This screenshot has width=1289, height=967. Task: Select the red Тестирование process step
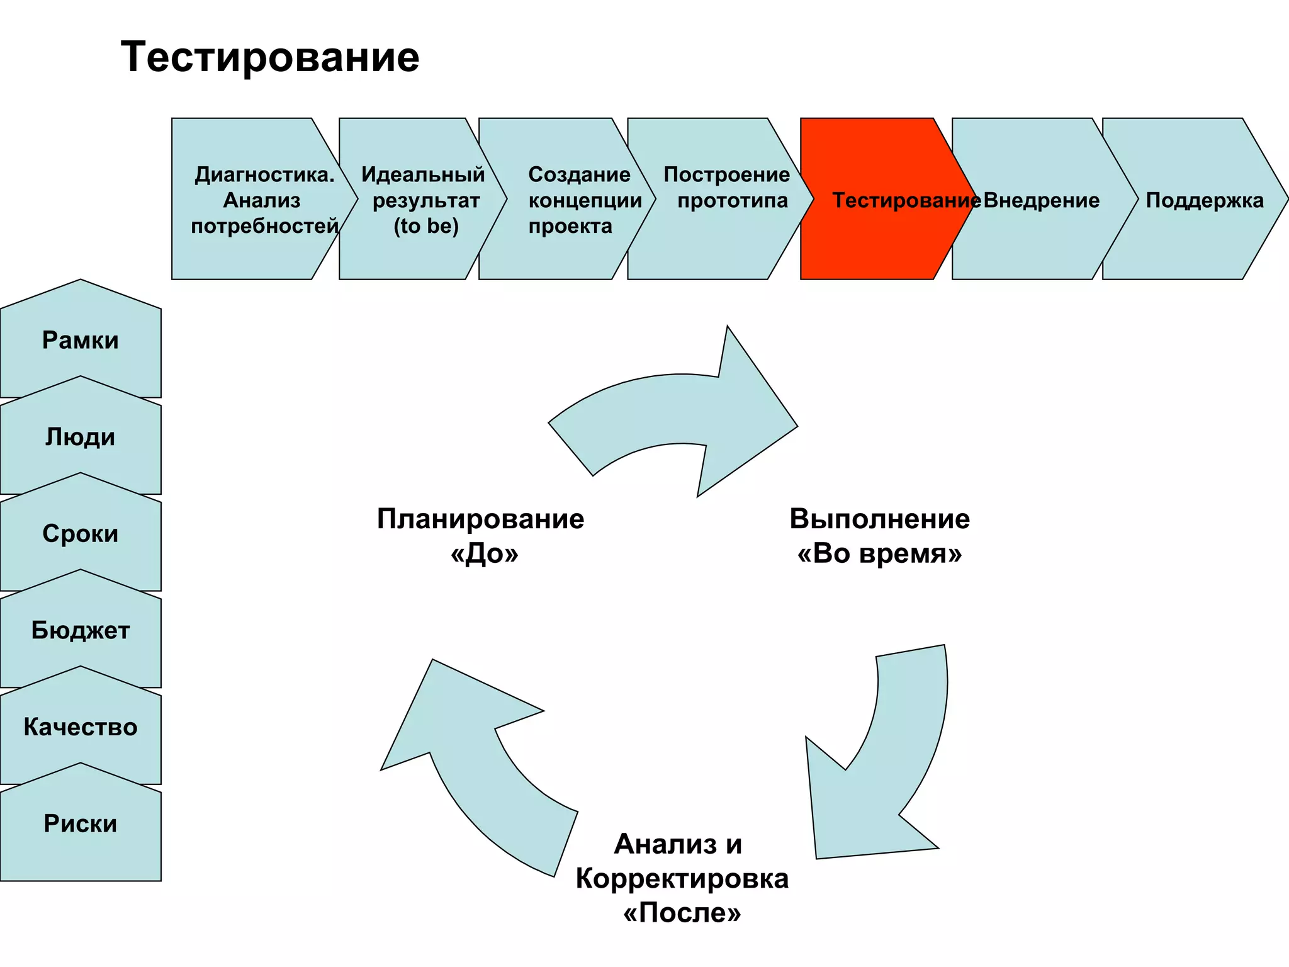click(881, 200)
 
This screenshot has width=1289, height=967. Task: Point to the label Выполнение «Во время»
click(880, 536)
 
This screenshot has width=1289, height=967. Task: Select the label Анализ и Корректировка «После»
click(682, 878)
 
